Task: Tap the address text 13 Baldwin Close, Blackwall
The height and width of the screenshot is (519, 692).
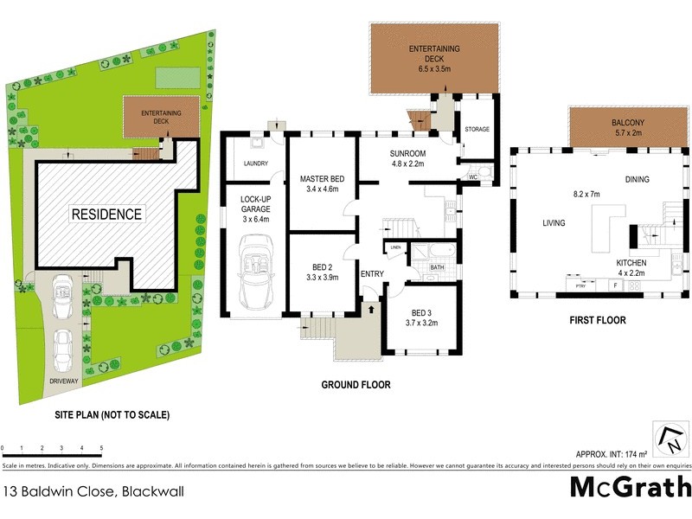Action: [x=93, y=491]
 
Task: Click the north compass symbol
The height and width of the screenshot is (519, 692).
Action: [x=670, y=439]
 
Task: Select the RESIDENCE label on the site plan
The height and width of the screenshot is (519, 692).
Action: [x=106, y=214]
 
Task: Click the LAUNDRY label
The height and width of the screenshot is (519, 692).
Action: [x=255, y=163]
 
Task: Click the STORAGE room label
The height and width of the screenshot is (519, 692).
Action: [x=477, y=130]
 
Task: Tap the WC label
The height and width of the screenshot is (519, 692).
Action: [x=473, y=176]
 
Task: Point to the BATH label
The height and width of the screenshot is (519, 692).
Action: [x=437, y=267]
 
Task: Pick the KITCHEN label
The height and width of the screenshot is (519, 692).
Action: [x=631, y=262]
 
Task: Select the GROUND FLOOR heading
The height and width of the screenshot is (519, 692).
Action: [x=356, y=385]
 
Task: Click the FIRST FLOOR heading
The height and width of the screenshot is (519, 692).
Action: [x=597, y=320]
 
